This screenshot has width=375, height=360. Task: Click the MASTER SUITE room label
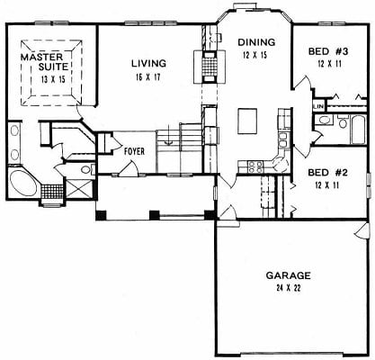[x=45, y=61]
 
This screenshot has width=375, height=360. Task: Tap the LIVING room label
[x=148, y=64]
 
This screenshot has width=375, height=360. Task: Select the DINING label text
[x=256, y=42]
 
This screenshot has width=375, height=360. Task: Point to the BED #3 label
[x=328, y=51]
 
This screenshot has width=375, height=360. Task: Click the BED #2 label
[x=327, y=173]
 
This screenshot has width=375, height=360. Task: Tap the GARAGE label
[x=288, y=275]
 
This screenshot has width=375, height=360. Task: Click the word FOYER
[x=135, y=151]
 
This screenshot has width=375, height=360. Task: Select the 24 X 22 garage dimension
[x=288, y=288]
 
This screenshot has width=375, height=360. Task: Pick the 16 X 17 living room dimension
[x=148, y=77]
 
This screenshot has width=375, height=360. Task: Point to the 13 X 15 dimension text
[x=53, y=79]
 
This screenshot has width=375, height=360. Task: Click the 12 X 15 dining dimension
[x=254, y=55]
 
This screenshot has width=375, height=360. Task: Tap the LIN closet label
[x=318, y=106]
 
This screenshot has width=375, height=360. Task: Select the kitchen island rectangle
[x=247, y=121]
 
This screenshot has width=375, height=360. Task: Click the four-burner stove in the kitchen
[x=255, y=167]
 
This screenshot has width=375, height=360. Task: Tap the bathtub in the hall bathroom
[x=358, y=130]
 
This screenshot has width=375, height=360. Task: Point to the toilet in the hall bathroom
[x=343, y=121]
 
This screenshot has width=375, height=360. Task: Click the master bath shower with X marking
[x=79, y=189]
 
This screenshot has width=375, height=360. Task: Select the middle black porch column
[x=155, y=215]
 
